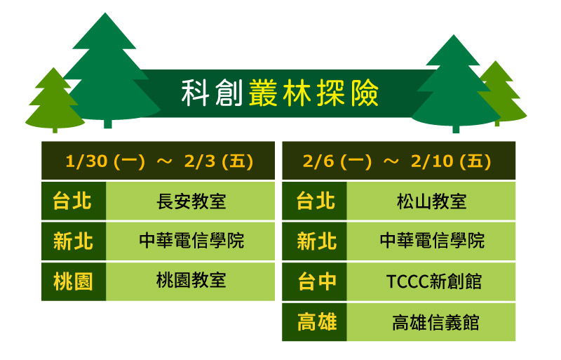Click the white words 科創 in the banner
212,93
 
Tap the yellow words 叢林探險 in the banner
313,93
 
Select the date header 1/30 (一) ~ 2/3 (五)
158,161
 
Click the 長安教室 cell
190,201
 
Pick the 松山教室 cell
431,201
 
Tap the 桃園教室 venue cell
190,281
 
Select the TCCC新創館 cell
431,281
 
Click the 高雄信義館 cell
431,322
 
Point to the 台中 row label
314,281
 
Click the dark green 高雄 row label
314,322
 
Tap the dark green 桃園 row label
74,281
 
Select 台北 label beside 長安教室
74,201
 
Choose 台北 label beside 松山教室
314,201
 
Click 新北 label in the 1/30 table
74,241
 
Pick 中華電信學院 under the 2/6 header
431,241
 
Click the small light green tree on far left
55,104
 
